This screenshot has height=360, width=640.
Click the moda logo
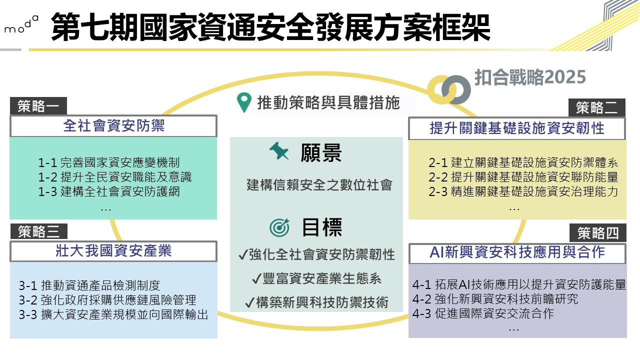tap(21, 24)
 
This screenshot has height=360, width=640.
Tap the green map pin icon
tap(244, 102)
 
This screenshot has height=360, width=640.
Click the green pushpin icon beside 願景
tap(279, 150)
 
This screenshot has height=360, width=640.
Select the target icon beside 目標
tap(279, 227)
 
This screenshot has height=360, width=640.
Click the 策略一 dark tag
tap(38, 106)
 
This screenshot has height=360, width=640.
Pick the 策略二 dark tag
tap(597, 107)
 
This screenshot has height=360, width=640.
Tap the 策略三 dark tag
tap(39, 231)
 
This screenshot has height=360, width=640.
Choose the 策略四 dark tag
tap(597, 233)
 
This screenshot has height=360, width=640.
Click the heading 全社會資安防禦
tap(113, 125)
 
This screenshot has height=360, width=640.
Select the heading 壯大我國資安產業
tap(113, 251)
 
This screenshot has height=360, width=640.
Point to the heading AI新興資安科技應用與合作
tap(517, 252)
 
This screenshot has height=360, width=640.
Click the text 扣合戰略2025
tap(530, 77)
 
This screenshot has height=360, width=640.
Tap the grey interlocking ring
tap(456, 89)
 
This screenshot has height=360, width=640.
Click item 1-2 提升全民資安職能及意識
tap(115, 177)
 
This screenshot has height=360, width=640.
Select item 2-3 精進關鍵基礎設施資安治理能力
tap(523, 191)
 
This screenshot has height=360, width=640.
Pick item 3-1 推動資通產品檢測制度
tap(89, 285)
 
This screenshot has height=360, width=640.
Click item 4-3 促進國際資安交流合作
tap(483, 313)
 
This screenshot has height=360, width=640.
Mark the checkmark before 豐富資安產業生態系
tap(256, 278)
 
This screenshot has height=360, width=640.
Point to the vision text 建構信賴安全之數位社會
tap(319, 185)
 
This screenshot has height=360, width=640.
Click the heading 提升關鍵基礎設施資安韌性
tap(517, 128)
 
